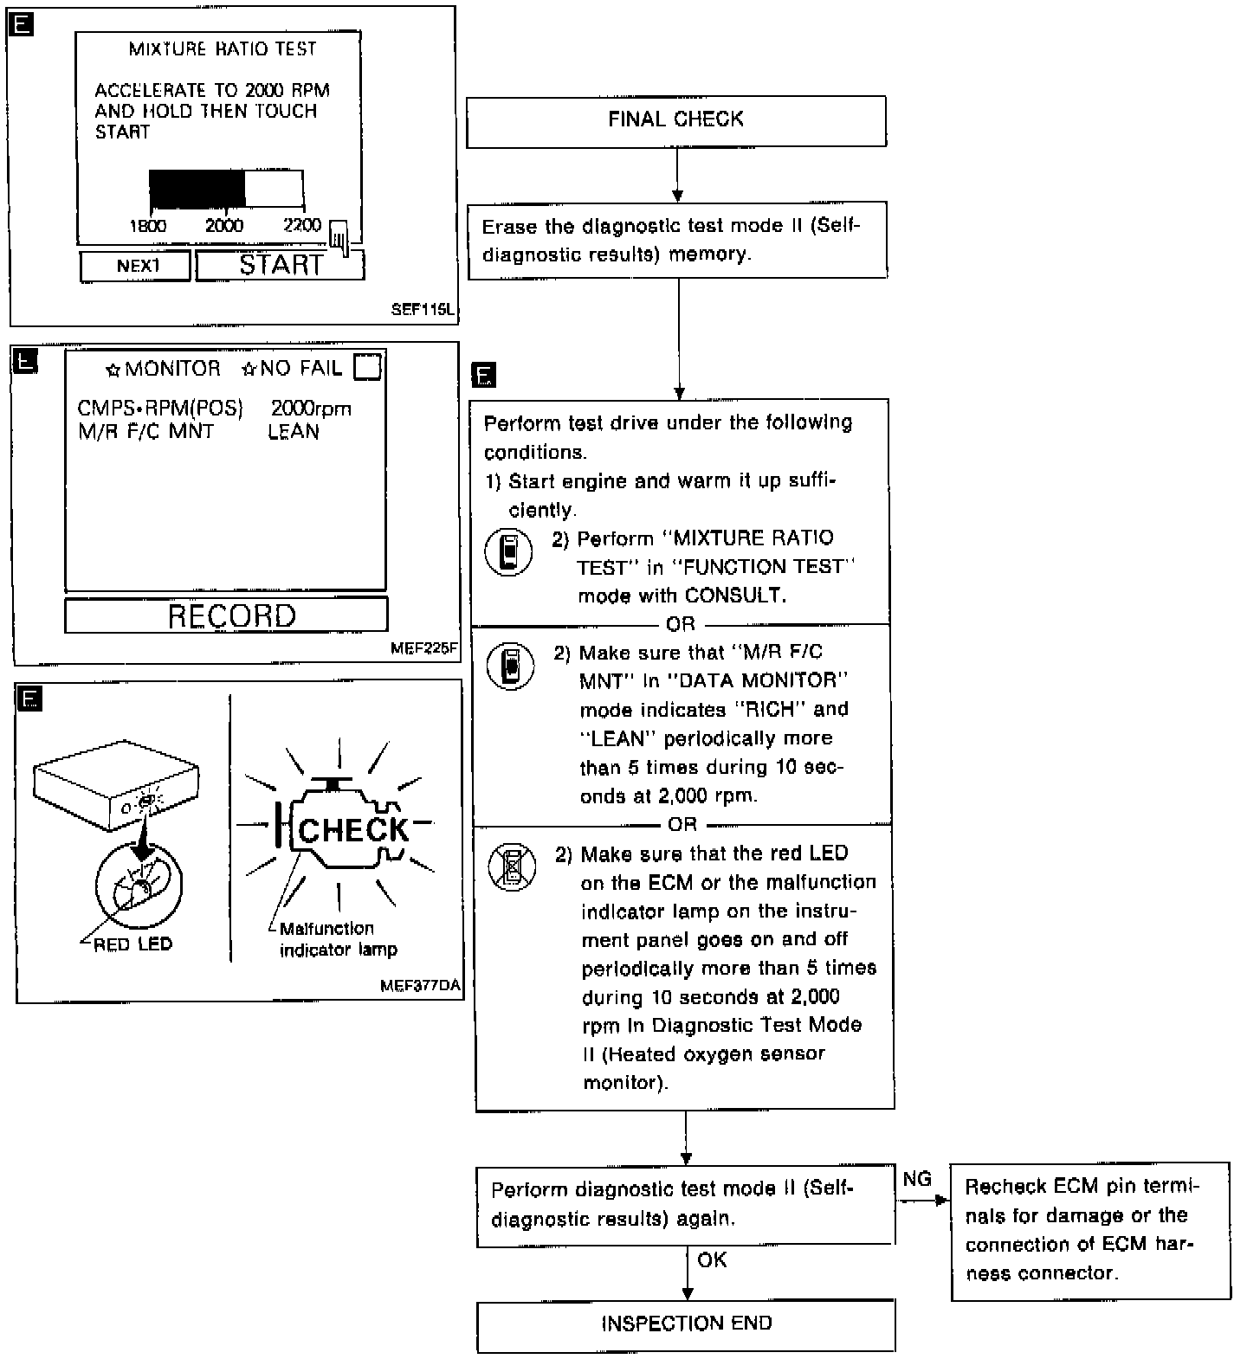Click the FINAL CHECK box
click(675, 121)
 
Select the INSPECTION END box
click(686, 1324)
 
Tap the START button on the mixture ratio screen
click(280, 265)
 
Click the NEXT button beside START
click(136, 266)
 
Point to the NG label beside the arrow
click(917, 1179)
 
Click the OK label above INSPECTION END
click(712, 1260)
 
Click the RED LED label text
click(132, 944)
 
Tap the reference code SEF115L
click(422, 309)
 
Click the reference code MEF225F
click(423, 647)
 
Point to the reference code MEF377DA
click(420, 986)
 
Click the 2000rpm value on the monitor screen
click(311, 409)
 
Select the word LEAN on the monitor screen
click(294, 432)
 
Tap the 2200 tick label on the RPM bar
click(302, 226)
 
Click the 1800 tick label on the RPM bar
click(148, 227)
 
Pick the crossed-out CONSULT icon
click(511, 866)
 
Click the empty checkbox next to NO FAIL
click(368, 368)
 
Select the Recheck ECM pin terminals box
click(1090, 1230)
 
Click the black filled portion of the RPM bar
click(197, 189)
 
